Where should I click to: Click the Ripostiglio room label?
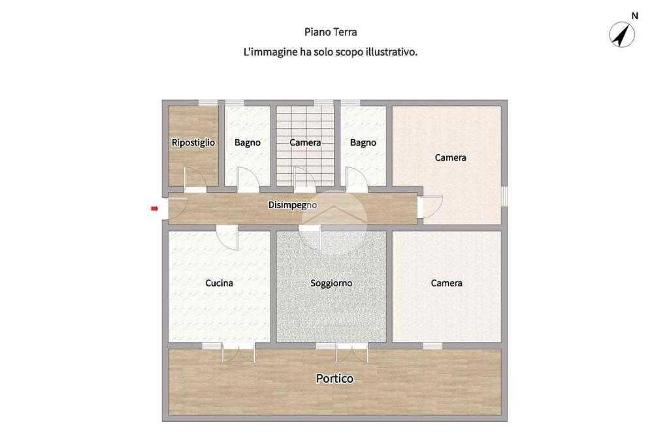[x=193, y=142]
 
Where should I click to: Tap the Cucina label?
[x=220, y=283]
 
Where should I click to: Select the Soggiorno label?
[x=331, y=283]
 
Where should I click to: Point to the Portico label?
[x=334, y=378]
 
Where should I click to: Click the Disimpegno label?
[x=293, y=205]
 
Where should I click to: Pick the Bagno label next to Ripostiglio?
[x=248, y=142]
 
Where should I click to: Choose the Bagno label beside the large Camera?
[x=363, y=142]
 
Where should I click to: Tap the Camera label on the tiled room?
[x=305, y=142]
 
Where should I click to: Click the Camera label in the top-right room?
[x=451, y=157]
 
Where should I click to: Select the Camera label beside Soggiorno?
[x=446, y=283]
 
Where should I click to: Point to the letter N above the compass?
[x=635, y=16]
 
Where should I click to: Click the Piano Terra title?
[x=331, y=32]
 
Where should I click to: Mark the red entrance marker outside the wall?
[x=154, y=208]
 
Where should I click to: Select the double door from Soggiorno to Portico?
[x=352, y=353]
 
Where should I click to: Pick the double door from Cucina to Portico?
[x=238, y=353]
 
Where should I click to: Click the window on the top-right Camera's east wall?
[x=504, y=196]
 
